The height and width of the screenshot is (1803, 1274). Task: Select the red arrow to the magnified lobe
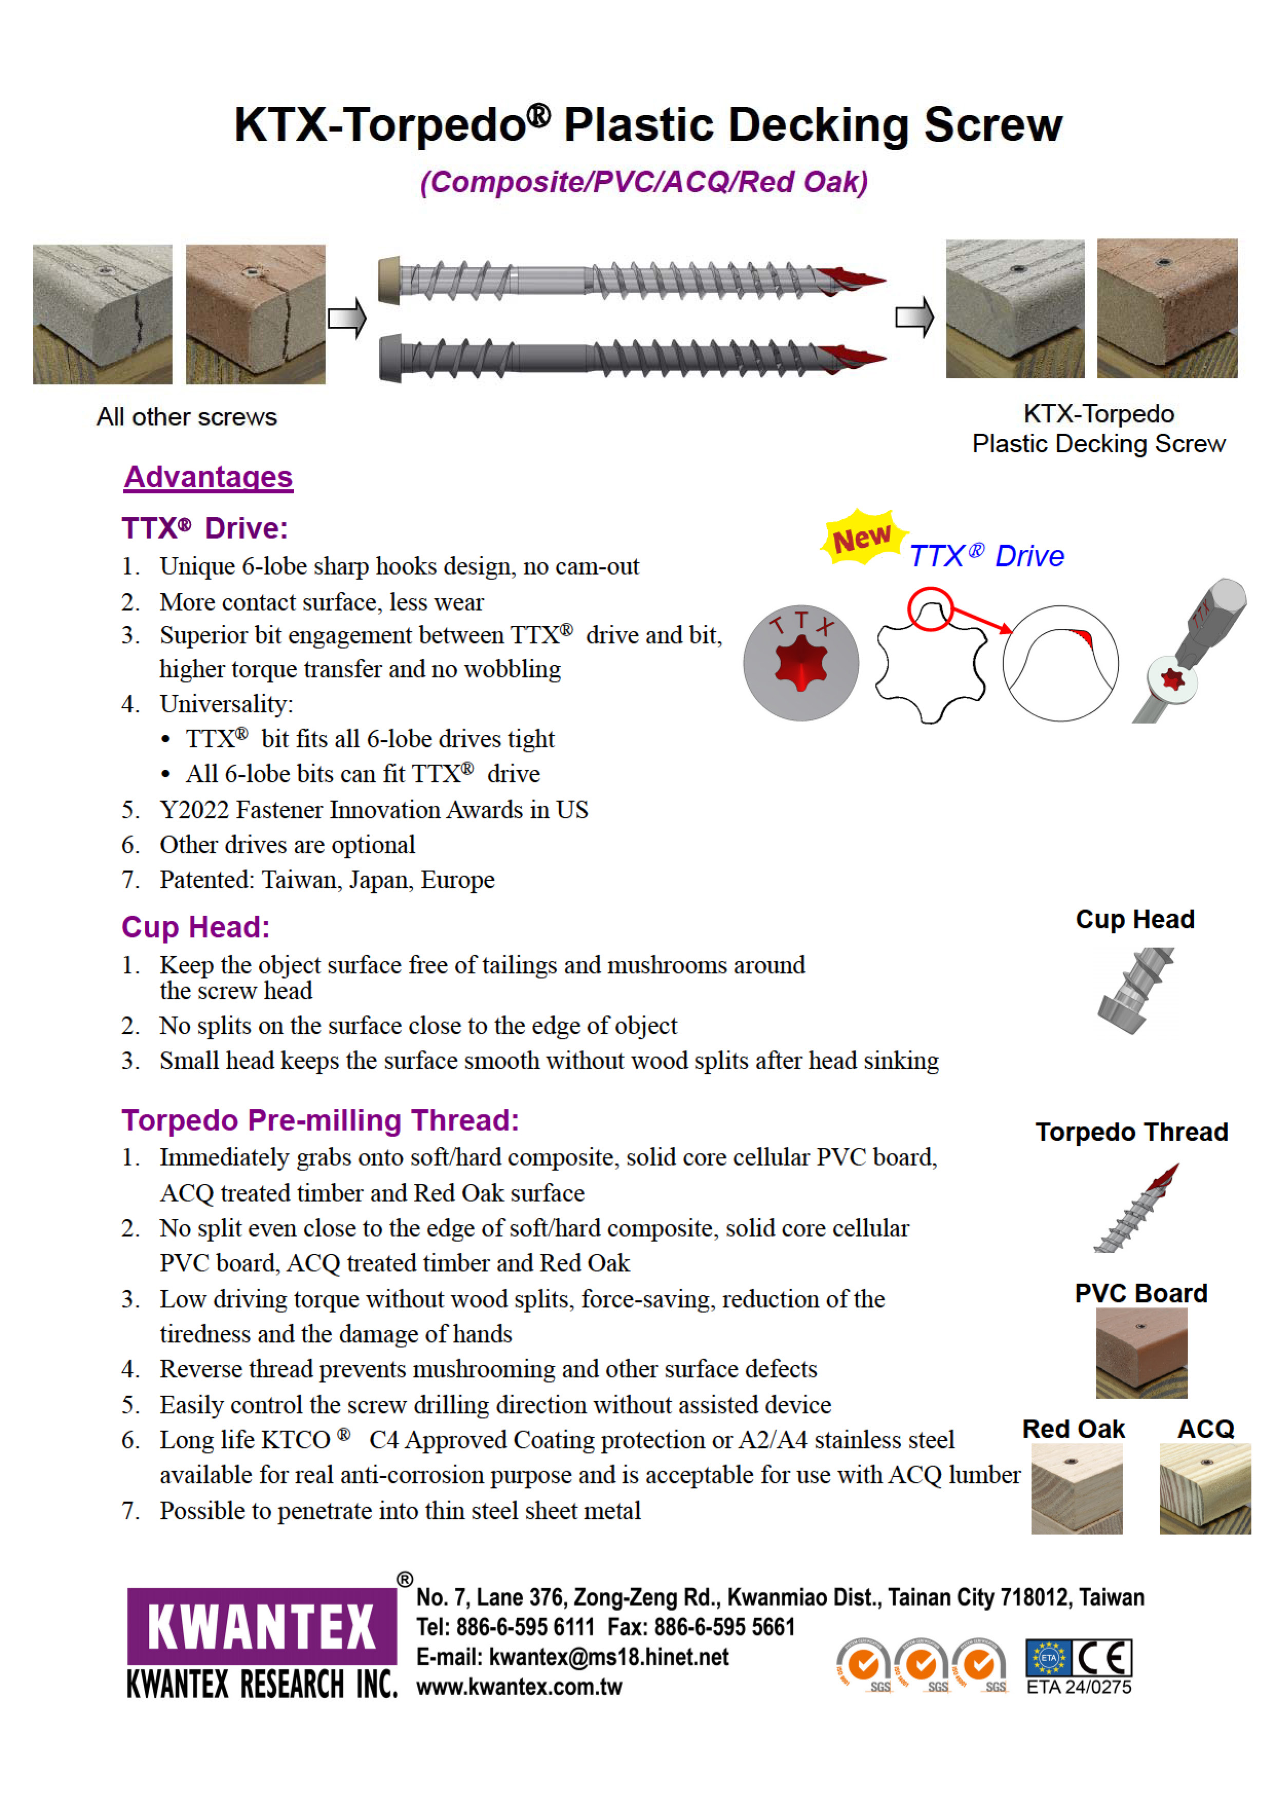pyautogui.click(x=982, y=620)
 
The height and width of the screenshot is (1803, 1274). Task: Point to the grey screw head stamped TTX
pyautogui.click(x=801, y=663)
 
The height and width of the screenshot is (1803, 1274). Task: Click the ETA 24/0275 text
pyautogui.click(x=1078, y=1687)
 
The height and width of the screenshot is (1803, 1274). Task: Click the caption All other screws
pyautogui.click(x=187, y=417)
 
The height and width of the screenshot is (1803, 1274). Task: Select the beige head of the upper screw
pyautogui.click(x=389, y=280)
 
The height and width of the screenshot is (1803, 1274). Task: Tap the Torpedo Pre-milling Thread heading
pyautogui.click(x=320, y=1121)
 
